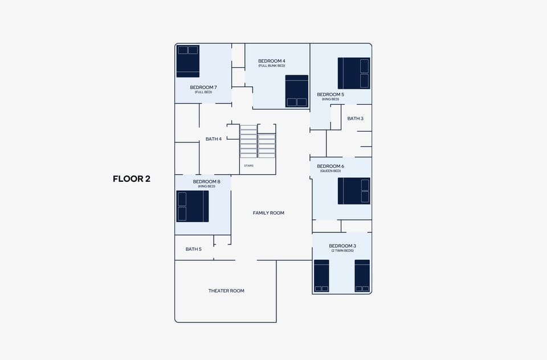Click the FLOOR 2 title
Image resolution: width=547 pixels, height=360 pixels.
[132, 179]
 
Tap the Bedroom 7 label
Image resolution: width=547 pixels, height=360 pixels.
[203, 87]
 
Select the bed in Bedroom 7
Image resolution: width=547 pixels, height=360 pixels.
[187, 61]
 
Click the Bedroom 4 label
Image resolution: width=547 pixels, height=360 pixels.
[271, 61]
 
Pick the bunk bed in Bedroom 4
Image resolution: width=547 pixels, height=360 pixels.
[296, 91]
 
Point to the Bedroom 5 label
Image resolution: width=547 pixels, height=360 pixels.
[330, 95]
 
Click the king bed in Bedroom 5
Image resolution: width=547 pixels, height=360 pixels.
[353, 73]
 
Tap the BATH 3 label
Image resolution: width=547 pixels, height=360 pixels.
[355, 118]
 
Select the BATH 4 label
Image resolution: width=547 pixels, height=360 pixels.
[214, 139]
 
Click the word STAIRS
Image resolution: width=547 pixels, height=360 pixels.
[248, 166]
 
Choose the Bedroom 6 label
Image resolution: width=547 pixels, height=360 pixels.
[330, 166]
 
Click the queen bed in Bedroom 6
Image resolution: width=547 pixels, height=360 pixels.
[353, 191]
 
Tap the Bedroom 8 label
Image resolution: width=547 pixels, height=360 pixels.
[206, 182]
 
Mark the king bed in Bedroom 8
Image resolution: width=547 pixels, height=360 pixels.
[193, 206]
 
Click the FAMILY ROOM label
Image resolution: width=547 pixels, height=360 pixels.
[268, 213]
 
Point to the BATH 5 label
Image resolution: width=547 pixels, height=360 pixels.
[193, 249]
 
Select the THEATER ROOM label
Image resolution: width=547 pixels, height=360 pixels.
[226, 291]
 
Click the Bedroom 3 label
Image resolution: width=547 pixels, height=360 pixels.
[342, 246]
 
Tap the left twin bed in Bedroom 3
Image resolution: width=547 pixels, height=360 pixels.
[321, 276]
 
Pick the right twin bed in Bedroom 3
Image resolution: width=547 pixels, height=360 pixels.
[362, 276]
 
